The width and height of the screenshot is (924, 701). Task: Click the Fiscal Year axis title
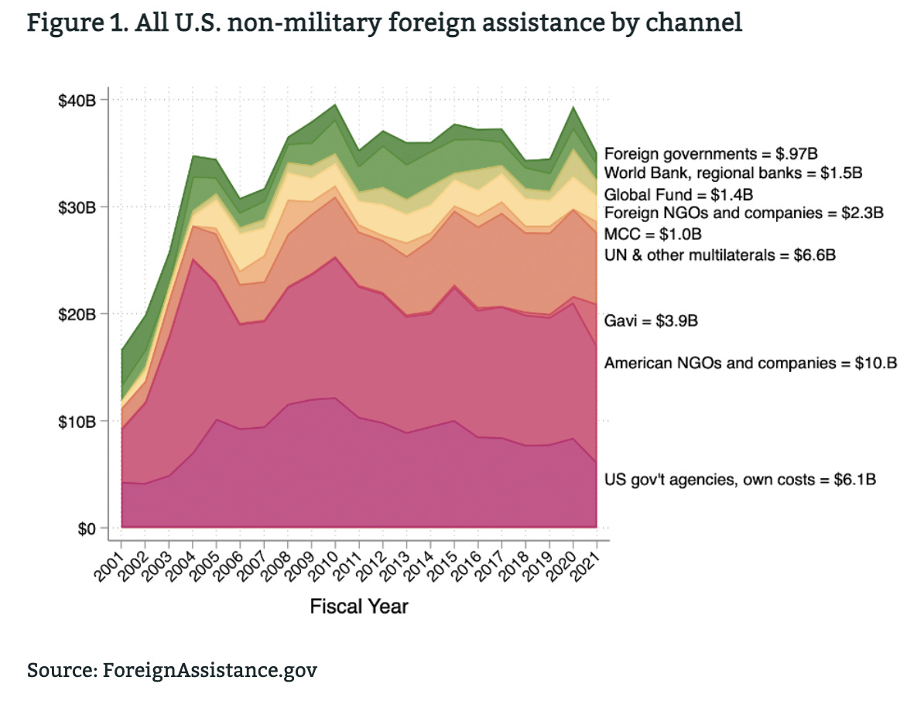pyautogui.click(x=359, y=607)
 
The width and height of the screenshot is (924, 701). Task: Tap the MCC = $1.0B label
pyautogui.click(x=653, y=234)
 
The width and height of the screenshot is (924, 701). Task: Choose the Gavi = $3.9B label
pyautogui.click(x=651, y=320)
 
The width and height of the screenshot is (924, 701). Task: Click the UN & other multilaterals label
pyautogui.click(x=720, y=254)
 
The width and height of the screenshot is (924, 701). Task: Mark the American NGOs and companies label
pyautogui.click(x=750, y=362)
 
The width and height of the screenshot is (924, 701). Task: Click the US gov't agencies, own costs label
pyautogui.click(x=739, y=480)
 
